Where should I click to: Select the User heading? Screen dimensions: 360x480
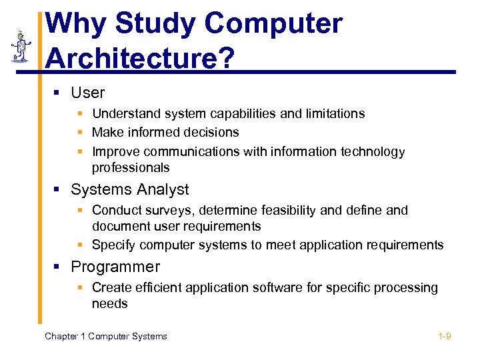(x=87, y=93)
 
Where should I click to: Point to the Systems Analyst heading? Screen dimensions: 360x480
(x=129, y=190)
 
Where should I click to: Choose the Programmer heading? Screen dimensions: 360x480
(x=115, y=267)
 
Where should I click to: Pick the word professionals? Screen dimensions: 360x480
(x=131, y=168)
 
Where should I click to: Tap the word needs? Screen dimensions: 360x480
(x=109, y=304)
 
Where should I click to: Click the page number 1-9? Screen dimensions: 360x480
(x=444, y=336)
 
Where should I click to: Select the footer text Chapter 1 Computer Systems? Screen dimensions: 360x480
(x=105, y=336)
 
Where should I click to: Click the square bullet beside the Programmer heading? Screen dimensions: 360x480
(x=58, y=268)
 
